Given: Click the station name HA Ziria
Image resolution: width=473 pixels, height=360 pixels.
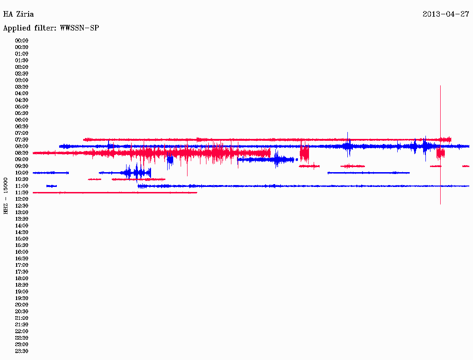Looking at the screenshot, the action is (x=18, y=14).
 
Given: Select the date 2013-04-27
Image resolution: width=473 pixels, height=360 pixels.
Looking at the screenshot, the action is (x=446, y=14).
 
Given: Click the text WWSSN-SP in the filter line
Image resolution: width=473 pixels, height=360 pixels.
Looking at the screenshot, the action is (x=79, y=28).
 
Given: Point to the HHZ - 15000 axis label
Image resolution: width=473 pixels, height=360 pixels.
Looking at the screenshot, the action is (x=6, y=196).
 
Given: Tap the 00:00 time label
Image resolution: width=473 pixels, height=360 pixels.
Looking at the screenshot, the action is (x=22, y=41).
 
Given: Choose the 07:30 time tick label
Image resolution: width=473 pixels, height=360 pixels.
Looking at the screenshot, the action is (x=22, y=139).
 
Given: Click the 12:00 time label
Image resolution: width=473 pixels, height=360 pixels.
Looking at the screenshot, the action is (x=22, y=199).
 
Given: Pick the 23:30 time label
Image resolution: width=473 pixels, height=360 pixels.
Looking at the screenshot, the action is (x=22, y=351).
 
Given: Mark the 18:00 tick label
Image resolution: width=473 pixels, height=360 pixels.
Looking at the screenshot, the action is (x=22, y=278).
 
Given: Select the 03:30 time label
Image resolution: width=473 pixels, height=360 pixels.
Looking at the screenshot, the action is (x=22, y=87).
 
